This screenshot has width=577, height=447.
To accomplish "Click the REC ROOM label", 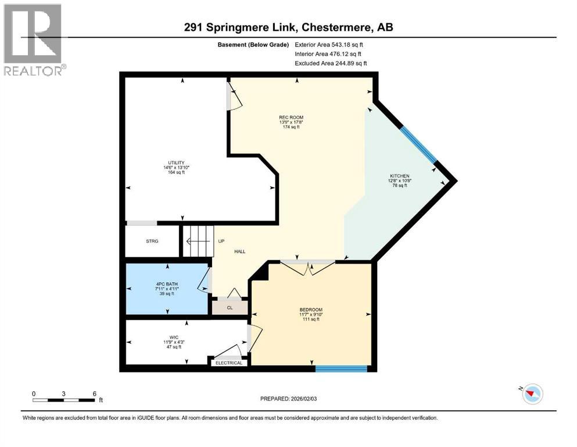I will (291, 118).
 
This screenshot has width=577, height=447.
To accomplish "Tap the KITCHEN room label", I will (399, 176).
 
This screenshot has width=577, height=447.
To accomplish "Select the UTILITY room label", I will (173, 163).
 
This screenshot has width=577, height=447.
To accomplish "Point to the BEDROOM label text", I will (311, 310).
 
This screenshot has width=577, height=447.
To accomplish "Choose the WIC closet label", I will (173, 336).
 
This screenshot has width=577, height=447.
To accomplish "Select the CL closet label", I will (230, 307).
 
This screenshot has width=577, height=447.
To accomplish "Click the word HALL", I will (239, 251).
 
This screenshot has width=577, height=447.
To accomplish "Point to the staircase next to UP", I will (199, 241).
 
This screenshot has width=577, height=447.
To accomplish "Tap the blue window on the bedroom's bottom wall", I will (341, 368).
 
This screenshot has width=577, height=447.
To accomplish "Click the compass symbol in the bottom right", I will (532, 394).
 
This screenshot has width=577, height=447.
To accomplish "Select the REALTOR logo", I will (33, 40).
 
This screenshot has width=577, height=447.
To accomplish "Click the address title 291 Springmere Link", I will (290, 27).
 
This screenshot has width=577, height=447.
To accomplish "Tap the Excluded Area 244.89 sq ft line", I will (331, 63).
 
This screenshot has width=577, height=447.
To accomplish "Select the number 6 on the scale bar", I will (94, 393).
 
